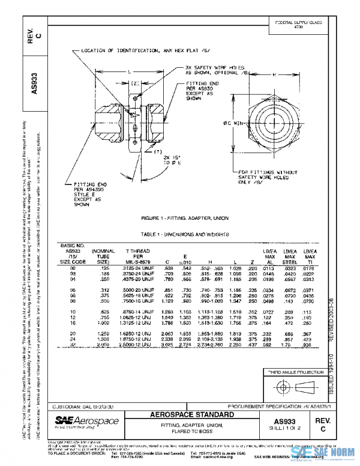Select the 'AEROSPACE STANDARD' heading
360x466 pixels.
pos(183,415)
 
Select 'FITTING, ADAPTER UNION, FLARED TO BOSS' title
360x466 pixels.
pos(183,428)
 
